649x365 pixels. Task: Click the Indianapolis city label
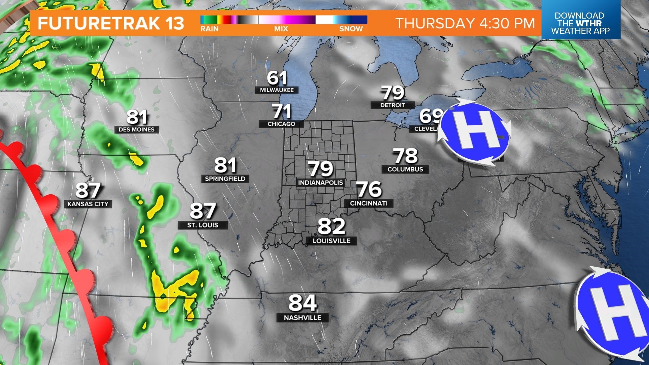pyautogui.click(x=320, y=183)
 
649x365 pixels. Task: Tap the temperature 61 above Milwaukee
pyautogui.click(x=277, y=78)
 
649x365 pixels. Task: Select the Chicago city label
pyautogui.click(x=281, y=124)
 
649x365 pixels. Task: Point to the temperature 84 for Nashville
pyautogui.click(x=303, y=303)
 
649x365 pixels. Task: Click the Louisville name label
pyautogui.click(x=331, y=241)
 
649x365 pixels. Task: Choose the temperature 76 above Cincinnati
pyautogui.click(x=369, y=189)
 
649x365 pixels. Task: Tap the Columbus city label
pyautogui.click(x=405, y=169)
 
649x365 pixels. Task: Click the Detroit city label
pyautogui.click(x=392, y=105)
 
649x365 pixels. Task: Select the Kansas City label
pyautogui.click(x=88, y=204)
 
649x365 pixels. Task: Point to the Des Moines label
pyautogui.click(x=137, y=130)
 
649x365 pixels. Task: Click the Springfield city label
pyautogui.click(x=225, y=179)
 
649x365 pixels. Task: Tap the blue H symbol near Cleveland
pyautogui.click(x=475, y=132)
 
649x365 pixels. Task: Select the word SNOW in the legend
pyautogui.click(x=351, y=29)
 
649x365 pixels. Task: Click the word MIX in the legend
pyautogui.click(x=281, y=29)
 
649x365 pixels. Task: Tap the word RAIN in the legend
pyautogui.click(x=210, y=29)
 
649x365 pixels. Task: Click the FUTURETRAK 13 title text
pyautogui.click(x=111, y=23)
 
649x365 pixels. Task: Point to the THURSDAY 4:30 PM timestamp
pyautogui.click(x=465, y=23)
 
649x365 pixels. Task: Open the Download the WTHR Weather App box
pyautogui.click(x=580, y=23)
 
